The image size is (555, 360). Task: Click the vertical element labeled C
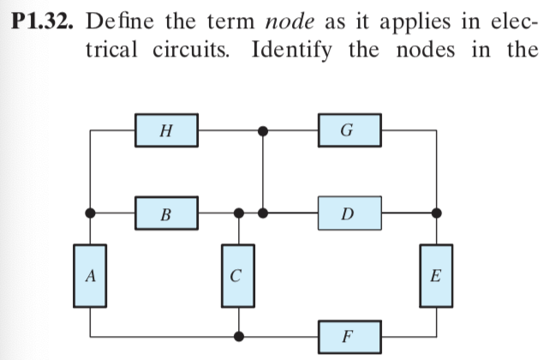click(241, 275)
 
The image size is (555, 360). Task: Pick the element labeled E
click(438, 275)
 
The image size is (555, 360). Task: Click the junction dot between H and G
click(264, 131)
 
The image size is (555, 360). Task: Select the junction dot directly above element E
click(438, 212)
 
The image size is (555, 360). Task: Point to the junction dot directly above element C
click(241, 212)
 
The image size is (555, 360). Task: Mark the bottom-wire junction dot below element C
click(241, 333)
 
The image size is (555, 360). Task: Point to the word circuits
click(201, 50)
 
